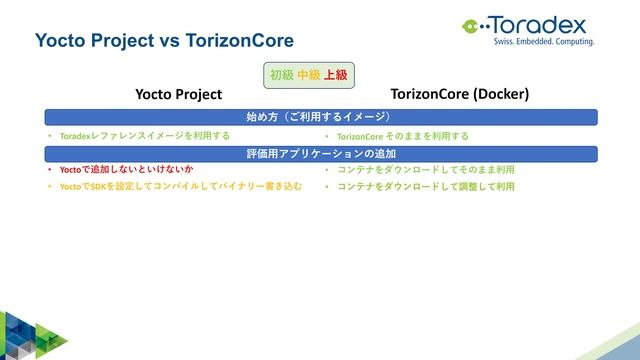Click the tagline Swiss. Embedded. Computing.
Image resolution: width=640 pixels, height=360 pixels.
(544, 42)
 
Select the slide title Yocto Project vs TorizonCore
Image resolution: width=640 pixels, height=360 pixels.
(164, 41)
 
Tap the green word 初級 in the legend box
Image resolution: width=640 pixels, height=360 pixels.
(281, 74)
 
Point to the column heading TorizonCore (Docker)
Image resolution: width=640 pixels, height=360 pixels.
(459, 95)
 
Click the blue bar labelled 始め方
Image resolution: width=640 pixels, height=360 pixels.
(319, 117)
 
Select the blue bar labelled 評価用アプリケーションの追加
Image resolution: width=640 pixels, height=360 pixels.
(319, 154)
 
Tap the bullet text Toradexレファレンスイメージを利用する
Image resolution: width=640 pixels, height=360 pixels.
(145, 136)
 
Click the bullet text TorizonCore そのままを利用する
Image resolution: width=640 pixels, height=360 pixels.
(402, 136)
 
